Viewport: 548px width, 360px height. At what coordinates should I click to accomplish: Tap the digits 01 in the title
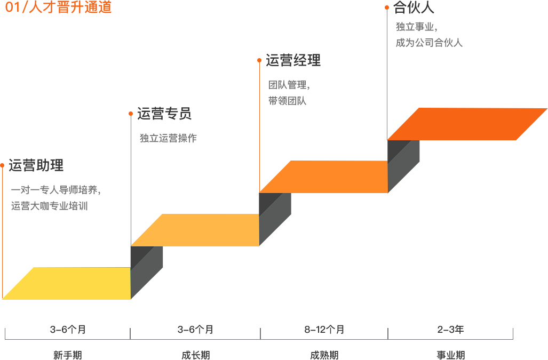pos(12,7)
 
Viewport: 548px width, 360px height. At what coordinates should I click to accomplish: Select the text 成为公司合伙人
pos(429,43)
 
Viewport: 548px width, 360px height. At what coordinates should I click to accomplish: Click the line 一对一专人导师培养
pos(55,190)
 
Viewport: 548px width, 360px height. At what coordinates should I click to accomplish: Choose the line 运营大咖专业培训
pos(49,205)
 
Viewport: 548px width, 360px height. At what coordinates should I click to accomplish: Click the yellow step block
pos(66,283)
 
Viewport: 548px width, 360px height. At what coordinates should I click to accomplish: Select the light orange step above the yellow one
pos(195,229)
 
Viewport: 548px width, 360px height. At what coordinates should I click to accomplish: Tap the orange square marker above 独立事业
pos(386,7)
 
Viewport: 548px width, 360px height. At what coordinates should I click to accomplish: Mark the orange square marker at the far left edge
pos(2,165)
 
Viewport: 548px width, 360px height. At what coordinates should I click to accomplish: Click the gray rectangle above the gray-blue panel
pos(289,93)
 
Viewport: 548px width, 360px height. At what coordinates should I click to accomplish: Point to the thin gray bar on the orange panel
pos(168,138)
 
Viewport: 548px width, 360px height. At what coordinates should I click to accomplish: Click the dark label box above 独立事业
pos(414,7)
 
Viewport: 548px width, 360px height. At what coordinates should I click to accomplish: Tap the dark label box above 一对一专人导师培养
pos(36,165)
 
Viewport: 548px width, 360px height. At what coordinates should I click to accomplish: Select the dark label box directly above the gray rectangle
pos(293,60)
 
